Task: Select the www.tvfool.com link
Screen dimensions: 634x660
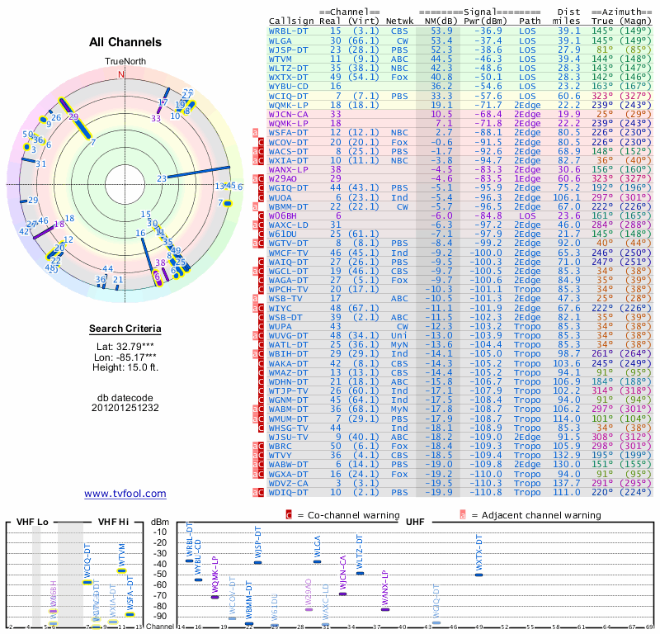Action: tap(125, 494)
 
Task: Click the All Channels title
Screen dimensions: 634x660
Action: tap(125, 42)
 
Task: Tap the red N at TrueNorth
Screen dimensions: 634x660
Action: tap(122, 74)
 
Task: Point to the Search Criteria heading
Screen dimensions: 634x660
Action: tap(125, 329)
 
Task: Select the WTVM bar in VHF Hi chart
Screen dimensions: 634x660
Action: tap(121, 570)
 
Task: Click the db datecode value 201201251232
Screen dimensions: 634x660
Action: tap(125, 407)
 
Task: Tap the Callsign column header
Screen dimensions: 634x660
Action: tap(291, 20)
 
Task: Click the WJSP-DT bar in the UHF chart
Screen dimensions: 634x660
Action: tap(257, 561)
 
